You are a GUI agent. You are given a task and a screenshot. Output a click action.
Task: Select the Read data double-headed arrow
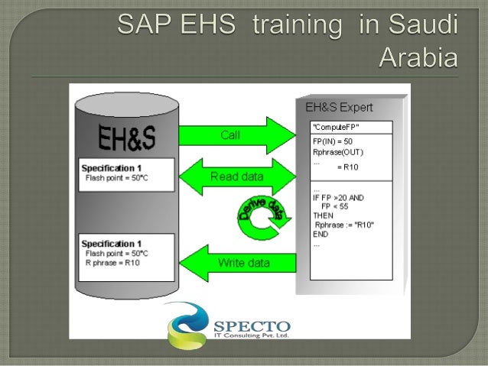pyautogui.click(x=236, y=177)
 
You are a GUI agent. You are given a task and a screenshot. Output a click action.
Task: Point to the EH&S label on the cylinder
pyautogui.click(x=127, y=138)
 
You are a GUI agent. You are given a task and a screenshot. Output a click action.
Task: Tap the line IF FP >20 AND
pyautogui.click(x=338, y=197)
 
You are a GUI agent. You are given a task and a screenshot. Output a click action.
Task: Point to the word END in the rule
pyautogui.click(x=320, y=234)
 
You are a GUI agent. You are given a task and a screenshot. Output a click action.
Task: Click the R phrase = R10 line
pyautogui.click(x=112, y=263)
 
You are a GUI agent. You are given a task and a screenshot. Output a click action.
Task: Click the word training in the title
pyautogui.click(x=294, y=26)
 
